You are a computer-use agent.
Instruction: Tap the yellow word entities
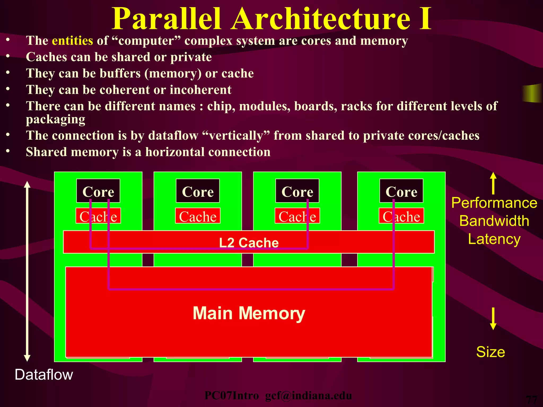point(72,41)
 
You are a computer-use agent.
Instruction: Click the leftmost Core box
point(98,191)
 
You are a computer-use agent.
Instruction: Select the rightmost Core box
point(401,191)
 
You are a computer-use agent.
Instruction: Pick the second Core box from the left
point(198,191)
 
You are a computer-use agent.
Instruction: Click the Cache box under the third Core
point(297,216)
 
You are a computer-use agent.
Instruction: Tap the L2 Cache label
point(249,242)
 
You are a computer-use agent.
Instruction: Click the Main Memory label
point(249,313)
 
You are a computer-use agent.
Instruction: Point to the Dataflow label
point(44,375)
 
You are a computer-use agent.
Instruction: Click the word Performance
point(494,203)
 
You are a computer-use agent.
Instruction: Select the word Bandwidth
point(494,221)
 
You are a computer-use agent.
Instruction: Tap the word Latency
point(494,239)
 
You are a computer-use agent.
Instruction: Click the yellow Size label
point(491,352)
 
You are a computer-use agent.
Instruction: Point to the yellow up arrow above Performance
point(493,183)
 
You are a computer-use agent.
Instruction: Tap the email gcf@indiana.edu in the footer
point(308,396)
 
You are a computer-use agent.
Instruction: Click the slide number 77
point(531,400)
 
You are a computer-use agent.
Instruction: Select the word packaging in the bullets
point(55,119)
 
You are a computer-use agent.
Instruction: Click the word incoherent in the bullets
point(200,90)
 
